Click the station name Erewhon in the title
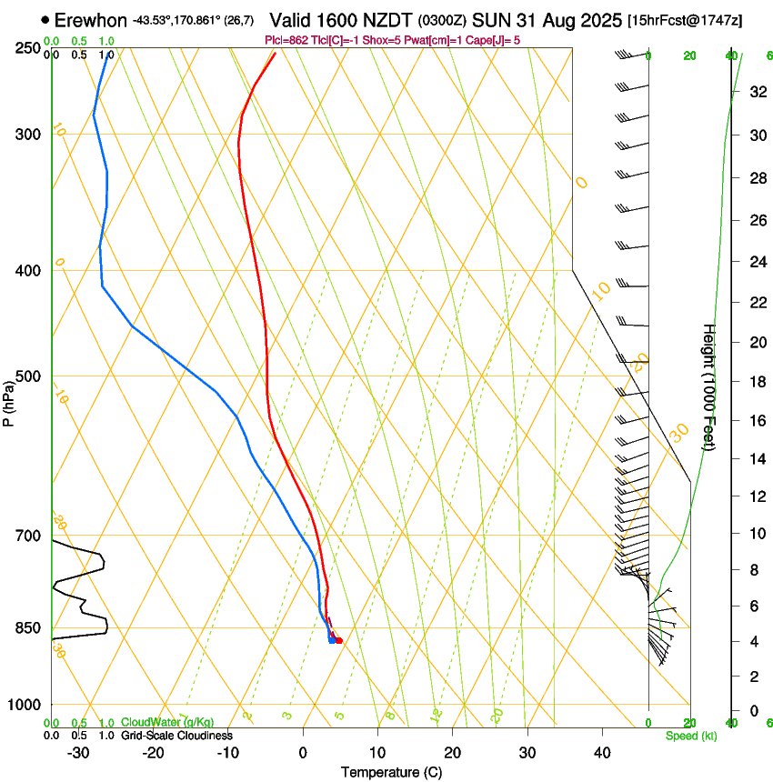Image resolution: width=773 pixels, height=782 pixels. [90, 19]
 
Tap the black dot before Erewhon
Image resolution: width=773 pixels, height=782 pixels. [45, 19]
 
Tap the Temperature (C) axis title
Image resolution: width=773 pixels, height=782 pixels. [391, 772]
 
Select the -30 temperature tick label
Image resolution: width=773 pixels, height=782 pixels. [78, 753]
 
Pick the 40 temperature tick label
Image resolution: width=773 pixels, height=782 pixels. [601, 753]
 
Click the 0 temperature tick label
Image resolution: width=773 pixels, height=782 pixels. [303, 753]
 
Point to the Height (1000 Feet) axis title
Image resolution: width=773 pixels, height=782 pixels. [710, 386]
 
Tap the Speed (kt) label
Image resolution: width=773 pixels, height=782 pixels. [691, 736]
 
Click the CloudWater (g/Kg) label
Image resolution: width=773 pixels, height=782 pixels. [167, 723]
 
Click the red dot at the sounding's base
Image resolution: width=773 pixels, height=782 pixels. [338, 641]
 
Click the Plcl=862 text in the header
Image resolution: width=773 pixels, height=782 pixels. [285, 40]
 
